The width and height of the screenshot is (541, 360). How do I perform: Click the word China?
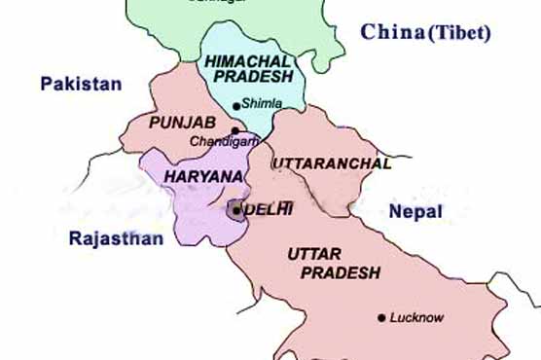[x=391, y=32]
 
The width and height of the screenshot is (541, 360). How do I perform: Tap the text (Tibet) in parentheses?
[x=457, y=33]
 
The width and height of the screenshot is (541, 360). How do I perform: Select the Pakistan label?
[x=81, y=85]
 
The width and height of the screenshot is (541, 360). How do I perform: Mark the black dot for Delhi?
[x=236, y=208]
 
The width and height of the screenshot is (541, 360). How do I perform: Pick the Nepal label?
[x=415, y=211]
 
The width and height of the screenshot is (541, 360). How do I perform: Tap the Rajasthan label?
[x=116, y=237]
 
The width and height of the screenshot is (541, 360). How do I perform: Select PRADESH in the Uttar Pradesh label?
[x=340, y=273]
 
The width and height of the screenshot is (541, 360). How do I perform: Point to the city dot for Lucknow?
[x=381, y=317]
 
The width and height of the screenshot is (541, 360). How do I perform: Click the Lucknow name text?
[x=415, y=317]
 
